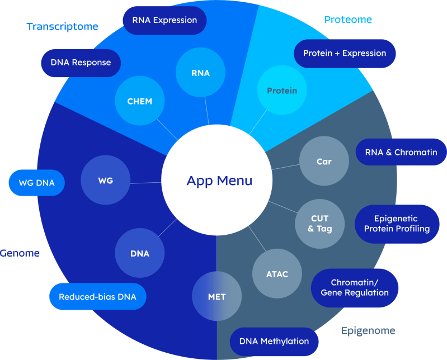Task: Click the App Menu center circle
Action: [219, 181]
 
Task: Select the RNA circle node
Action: [200, 73]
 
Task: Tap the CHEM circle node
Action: [139, 101]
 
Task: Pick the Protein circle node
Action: [282, 91]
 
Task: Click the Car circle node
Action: [324, 162]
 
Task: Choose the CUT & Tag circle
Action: [320, 223]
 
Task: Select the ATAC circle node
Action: [277, 274]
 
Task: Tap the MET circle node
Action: [217, 297]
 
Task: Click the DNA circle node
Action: [140, 253]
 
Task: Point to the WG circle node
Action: [106, 181]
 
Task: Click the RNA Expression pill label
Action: [164, 20]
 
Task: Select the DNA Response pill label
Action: [81, 62]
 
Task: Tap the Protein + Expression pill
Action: [345, 53]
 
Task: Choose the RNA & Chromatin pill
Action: [401, 152]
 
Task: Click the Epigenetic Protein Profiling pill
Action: [397, 224]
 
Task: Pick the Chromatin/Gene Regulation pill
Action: [355, 287]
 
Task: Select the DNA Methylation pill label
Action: [274, 341]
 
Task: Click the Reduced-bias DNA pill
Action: [97, 296]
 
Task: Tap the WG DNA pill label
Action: [37, 182]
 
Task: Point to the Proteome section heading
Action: [348, 20]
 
